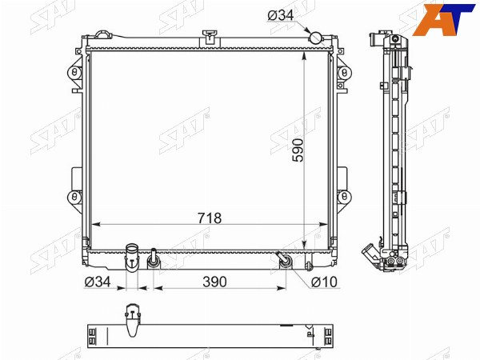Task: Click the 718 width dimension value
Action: pyautogui.click(x=210, y=218)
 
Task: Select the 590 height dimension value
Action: pyautogui.click(x=298, y=150)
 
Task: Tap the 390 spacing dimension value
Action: pyautogui.click(x=214, y=282)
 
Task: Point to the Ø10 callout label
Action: pyautogui.click(x=324, y=282)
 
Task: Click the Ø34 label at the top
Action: pyautogui.click(x=281, y=15)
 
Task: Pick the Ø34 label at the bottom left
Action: pyautogui.click(x=98, y=282)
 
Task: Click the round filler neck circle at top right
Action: pyautogui.click(x=316, y=38)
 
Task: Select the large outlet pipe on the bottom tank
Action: pyautogui.click(x=132, y=257)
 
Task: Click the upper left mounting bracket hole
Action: pyautogui.click(x=74, y=73)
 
